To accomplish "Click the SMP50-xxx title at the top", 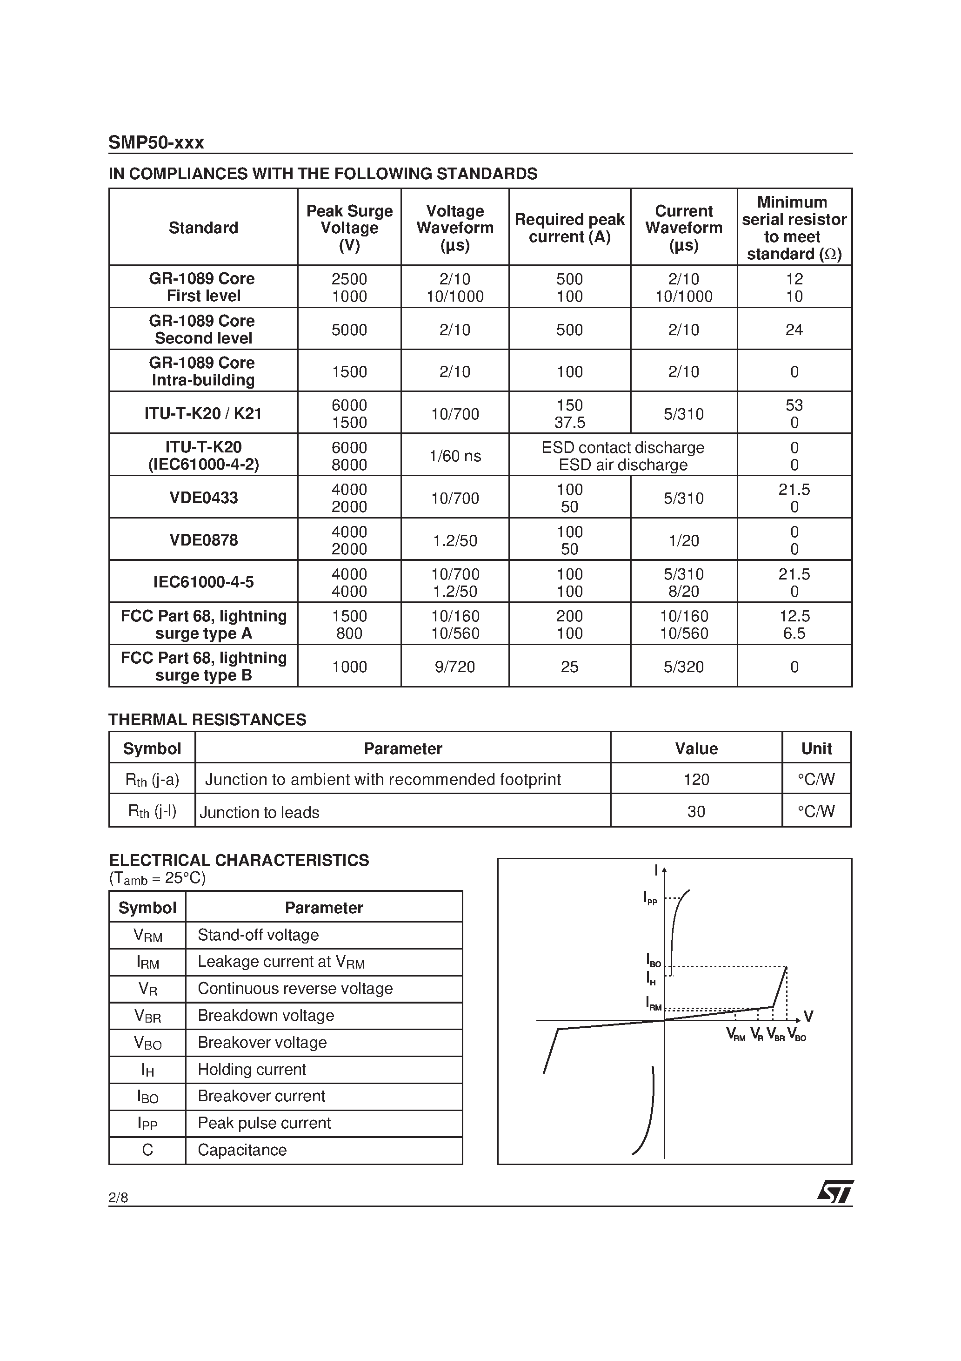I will tap(156, 143).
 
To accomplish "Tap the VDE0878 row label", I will tap(203, 540).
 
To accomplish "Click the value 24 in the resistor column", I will tap(794, 330).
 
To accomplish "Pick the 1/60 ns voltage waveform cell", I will tap(454, 456).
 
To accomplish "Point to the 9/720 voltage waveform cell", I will tap(454, 667).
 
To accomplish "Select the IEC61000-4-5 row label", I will tap(203, 582).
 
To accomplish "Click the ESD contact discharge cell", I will tap(623, 448).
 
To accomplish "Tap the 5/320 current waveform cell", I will tap(683, 667).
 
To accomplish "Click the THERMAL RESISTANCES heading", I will tap(207, 720).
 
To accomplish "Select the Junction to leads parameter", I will tap(260, 812).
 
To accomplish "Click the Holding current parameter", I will tap(252, 1069).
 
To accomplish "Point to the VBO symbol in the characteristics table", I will tap(147, 1043).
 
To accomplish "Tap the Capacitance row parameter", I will tap(242, 1150).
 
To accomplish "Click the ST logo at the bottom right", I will tap(835, 1192).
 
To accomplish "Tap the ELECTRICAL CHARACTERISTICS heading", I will tap(239, 860).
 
